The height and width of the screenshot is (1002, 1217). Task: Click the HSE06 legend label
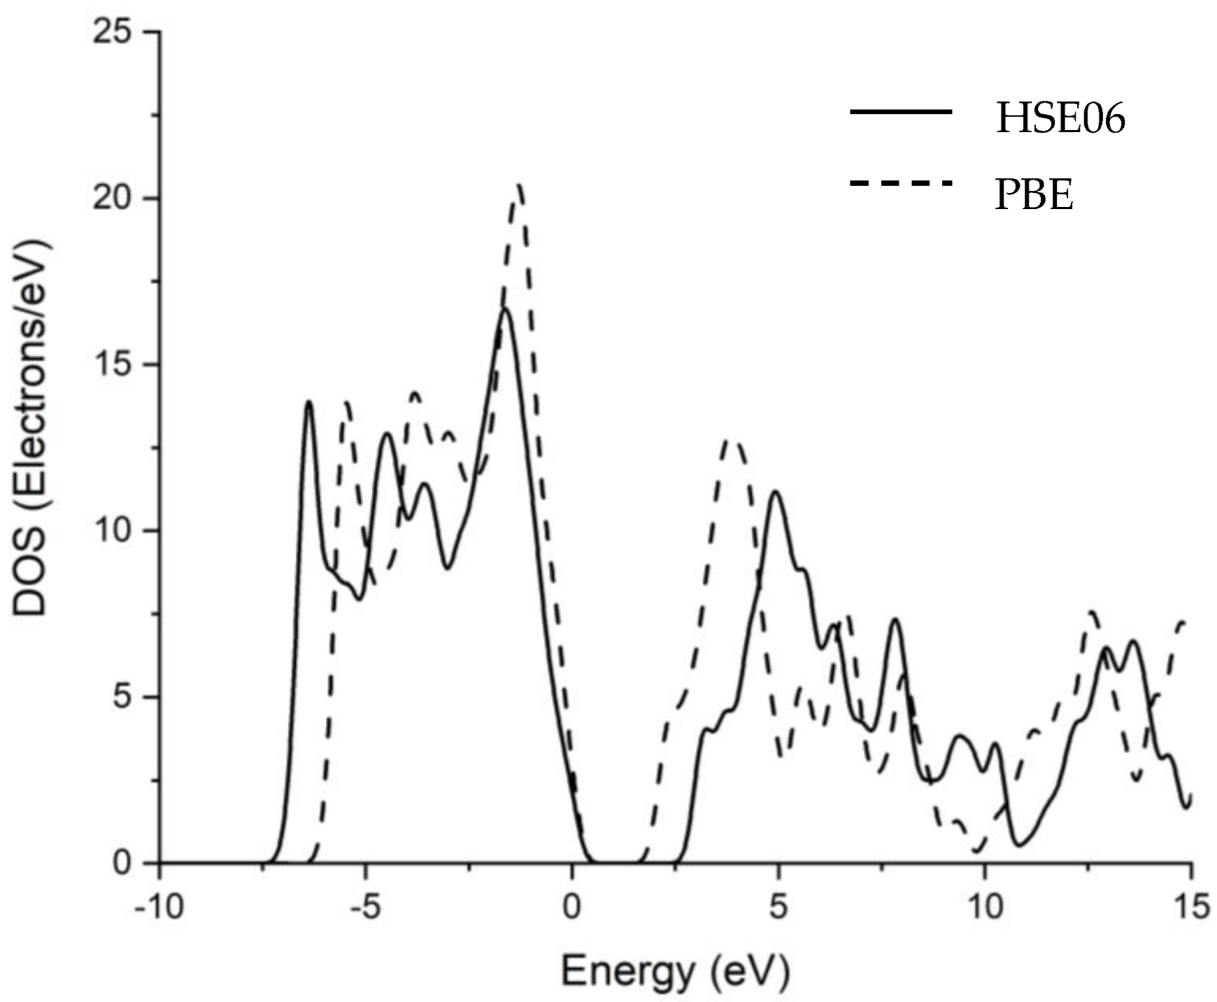1060,118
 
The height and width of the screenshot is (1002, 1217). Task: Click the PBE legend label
1034,195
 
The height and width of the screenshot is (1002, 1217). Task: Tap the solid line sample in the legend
900,112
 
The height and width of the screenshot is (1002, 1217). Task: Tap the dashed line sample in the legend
900,183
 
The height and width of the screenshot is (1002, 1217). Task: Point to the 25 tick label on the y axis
114,32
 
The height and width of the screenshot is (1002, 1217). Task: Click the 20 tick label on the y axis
114,199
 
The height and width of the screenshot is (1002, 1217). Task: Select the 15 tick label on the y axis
114,365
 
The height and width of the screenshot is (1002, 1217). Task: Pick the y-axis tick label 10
114,531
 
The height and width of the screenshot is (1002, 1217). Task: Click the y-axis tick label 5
122,697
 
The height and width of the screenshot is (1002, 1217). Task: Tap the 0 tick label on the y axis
122,863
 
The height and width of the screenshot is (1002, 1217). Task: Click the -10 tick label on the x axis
159,907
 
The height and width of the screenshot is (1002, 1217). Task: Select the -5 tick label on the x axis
366,907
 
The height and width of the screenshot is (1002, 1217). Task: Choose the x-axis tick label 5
778,907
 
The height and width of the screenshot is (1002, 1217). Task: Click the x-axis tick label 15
1190,907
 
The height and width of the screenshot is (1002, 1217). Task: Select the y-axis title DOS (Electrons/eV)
31,429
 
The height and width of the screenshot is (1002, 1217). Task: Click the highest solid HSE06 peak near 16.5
505,310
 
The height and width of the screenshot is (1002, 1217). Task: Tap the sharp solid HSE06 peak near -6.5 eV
309,402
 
